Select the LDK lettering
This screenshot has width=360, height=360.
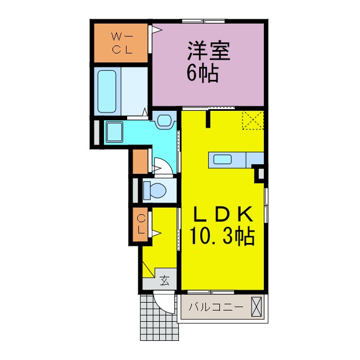coord(222,215)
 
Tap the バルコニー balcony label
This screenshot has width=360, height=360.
coord(216,308)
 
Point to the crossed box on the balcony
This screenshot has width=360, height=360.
coord(256,308)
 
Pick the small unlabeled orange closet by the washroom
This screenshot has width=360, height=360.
coord(141,162)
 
